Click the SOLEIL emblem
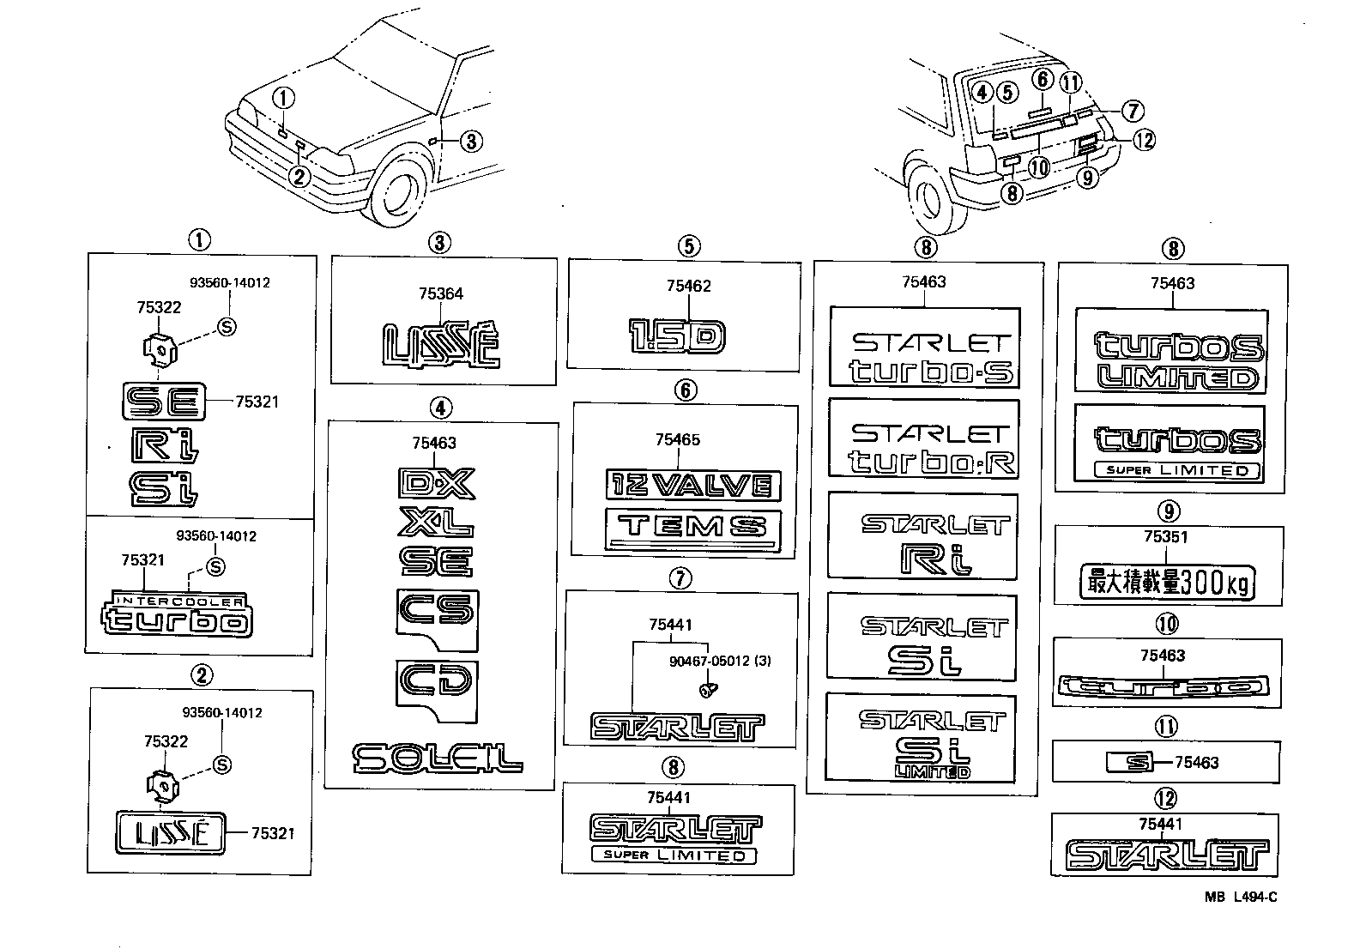pos(437,758)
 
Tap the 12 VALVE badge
pos(692,485)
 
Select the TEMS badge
pos(692,526)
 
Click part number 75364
pos(441,294)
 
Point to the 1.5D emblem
pos(677,336)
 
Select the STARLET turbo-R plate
pos(923,438)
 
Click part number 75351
pos(1165,537)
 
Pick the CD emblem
pos(438,683)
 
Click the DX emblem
pos(436,483)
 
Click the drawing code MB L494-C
pos(1240,898)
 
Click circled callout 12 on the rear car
pos(1145,139)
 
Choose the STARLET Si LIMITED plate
pos(921,737)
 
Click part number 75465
pos(677,440)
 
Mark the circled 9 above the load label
pos(1168,511)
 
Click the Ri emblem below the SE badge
pos(166,444)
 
